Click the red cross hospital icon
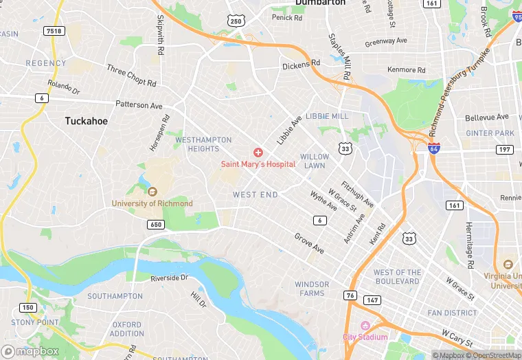pos(258,152)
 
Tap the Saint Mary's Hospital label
pos(258,164)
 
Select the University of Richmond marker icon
pos(152,192)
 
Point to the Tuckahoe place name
pos(86,121)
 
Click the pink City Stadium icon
pos(365,325)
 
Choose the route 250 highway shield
pos(236,21)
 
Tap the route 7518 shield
pos(53,31)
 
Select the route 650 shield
pos(155,225)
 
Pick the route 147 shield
pos(372,300)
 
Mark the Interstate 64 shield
pos(433,148)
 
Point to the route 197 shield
pos(506,149)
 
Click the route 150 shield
pos(28,307)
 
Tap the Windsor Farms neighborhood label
pos(312,289)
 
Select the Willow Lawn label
pos(314,161)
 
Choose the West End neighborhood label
pos(256,195)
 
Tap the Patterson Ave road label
pos(139,106)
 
